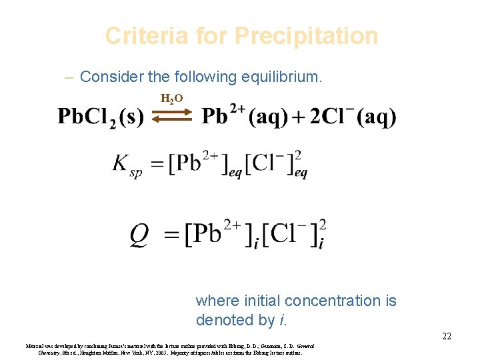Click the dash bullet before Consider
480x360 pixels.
click(x=69, y=77)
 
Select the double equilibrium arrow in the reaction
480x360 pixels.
click(x=172, y=117)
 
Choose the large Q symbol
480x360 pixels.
click(x=139, y=234)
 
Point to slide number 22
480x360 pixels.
click(x=446, y=336)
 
